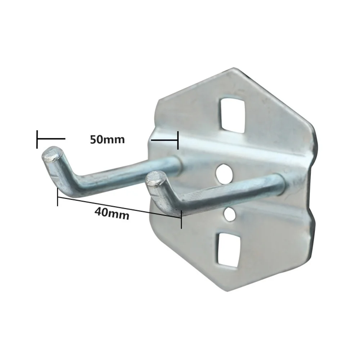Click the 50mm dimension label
(x=107, y=139)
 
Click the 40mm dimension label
(x=112, y=214)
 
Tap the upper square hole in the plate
(x=232, y=115)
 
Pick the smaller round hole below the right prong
(x=230, y=215)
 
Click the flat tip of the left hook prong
(x=52, y=154)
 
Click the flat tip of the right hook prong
(x=157, y=179)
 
